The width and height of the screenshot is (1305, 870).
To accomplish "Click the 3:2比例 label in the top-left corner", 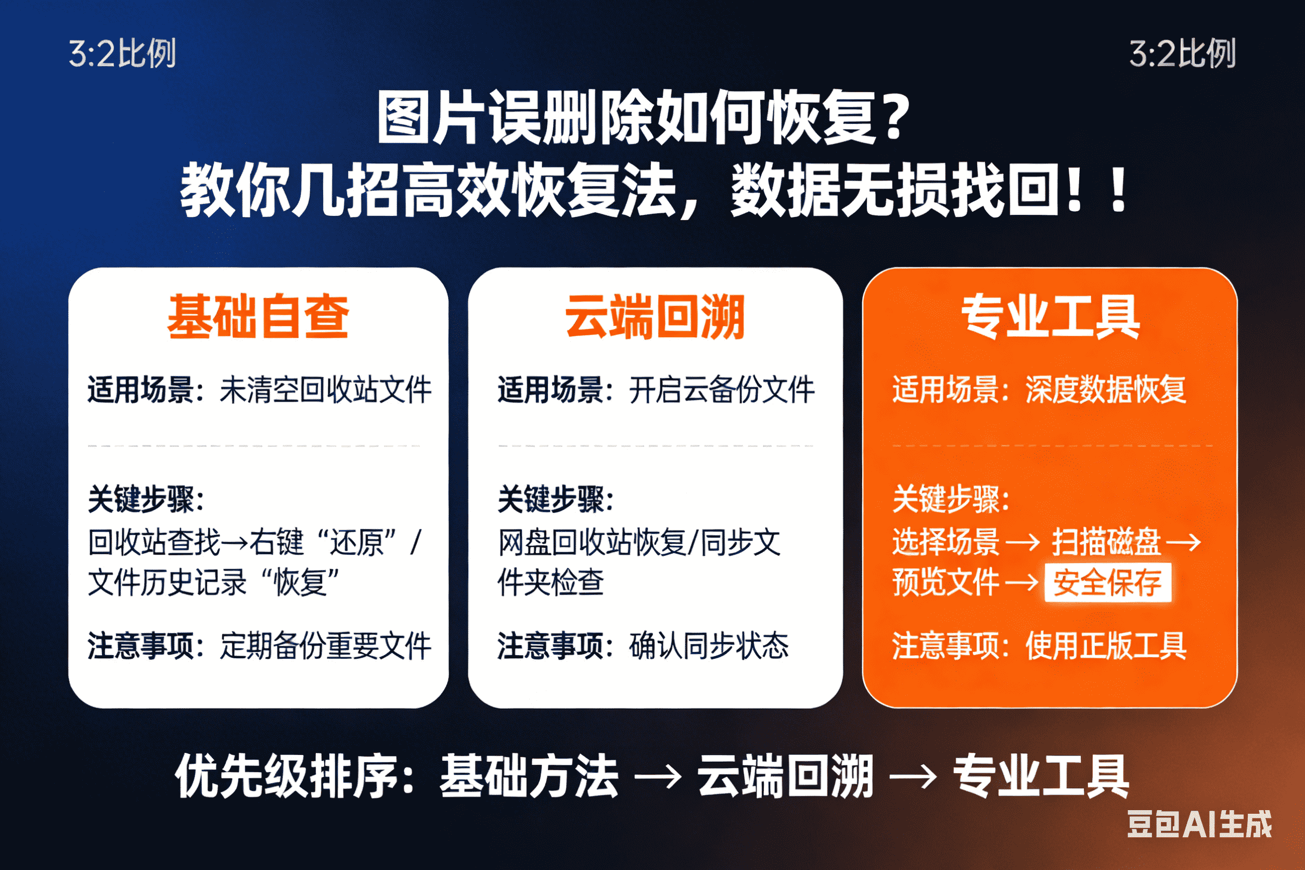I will pos(122,54).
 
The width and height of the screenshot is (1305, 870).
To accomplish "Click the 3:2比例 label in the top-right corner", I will pos(1182,54).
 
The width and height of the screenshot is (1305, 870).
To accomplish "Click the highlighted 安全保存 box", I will pos(1107,583).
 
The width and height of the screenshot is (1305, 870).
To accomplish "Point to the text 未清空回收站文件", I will pos(326,390).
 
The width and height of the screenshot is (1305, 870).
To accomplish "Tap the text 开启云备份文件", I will pos(721,390).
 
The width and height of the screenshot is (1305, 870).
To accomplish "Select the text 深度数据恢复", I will pos(1106,390).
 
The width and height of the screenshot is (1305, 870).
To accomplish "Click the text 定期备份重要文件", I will pos(326,646).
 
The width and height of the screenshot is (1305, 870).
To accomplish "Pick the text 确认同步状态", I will pos(709,646).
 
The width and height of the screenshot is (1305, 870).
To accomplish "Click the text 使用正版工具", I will pos(1106,646).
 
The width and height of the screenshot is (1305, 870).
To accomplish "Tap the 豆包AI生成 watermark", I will pos(1199,824).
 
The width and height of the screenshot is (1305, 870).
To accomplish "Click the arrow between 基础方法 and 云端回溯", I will pos(658,777).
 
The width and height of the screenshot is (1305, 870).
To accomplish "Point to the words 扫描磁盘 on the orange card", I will pos(1106,542).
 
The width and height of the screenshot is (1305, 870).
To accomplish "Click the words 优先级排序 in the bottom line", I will pos(287,777).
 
